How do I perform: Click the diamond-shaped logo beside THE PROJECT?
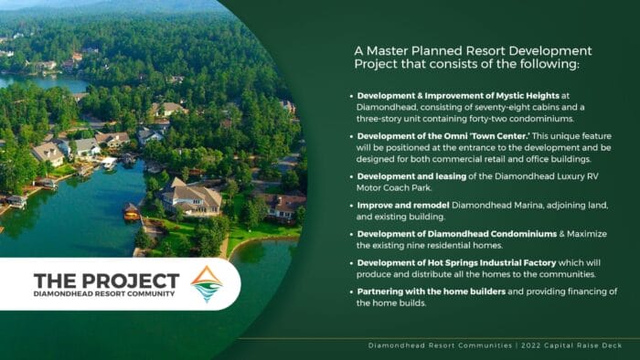[207, 284]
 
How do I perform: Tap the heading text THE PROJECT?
[106, 280]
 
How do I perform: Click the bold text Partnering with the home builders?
[423, 291]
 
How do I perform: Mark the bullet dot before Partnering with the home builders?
[351, 291]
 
